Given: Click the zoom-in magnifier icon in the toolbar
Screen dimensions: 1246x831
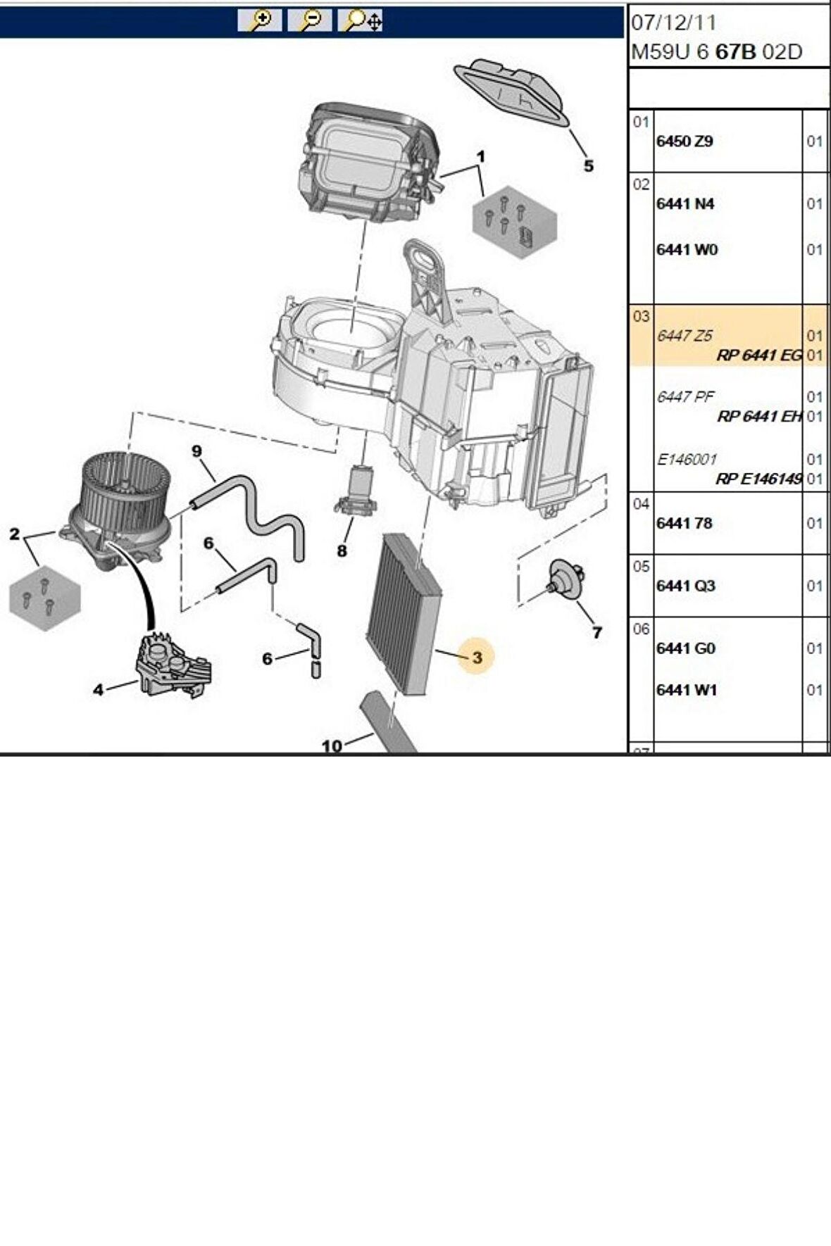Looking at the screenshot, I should click(260, 21).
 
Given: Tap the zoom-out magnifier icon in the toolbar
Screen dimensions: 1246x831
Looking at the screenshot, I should click(309, 21).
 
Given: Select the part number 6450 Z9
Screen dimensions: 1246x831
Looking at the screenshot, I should click(684, 141).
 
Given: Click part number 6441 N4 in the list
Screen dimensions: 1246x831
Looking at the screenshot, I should click(685, 203).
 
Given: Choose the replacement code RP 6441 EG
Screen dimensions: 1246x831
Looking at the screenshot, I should click(758, 355).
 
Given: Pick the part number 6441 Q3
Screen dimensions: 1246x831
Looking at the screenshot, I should click(685, 586).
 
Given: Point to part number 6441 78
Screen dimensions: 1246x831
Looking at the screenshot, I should click(683, 523).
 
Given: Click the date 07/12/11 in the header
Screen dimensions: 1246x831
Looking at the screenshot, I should click(673, 23).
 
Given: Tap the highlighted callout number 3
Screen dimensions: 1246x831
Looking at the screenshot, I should click(477, 657).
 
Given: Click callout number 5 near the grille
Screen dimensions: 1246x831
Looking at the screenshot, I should click(588, 166).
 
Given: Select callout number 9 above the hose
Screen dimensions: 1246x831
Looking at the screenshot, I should click(196, 451).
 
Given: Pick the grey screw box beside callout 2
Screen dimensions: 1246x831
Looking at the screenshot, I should click(44, 597).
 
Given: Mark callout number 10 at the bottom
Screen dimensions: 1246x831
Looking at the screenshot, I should click(332, 745).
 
